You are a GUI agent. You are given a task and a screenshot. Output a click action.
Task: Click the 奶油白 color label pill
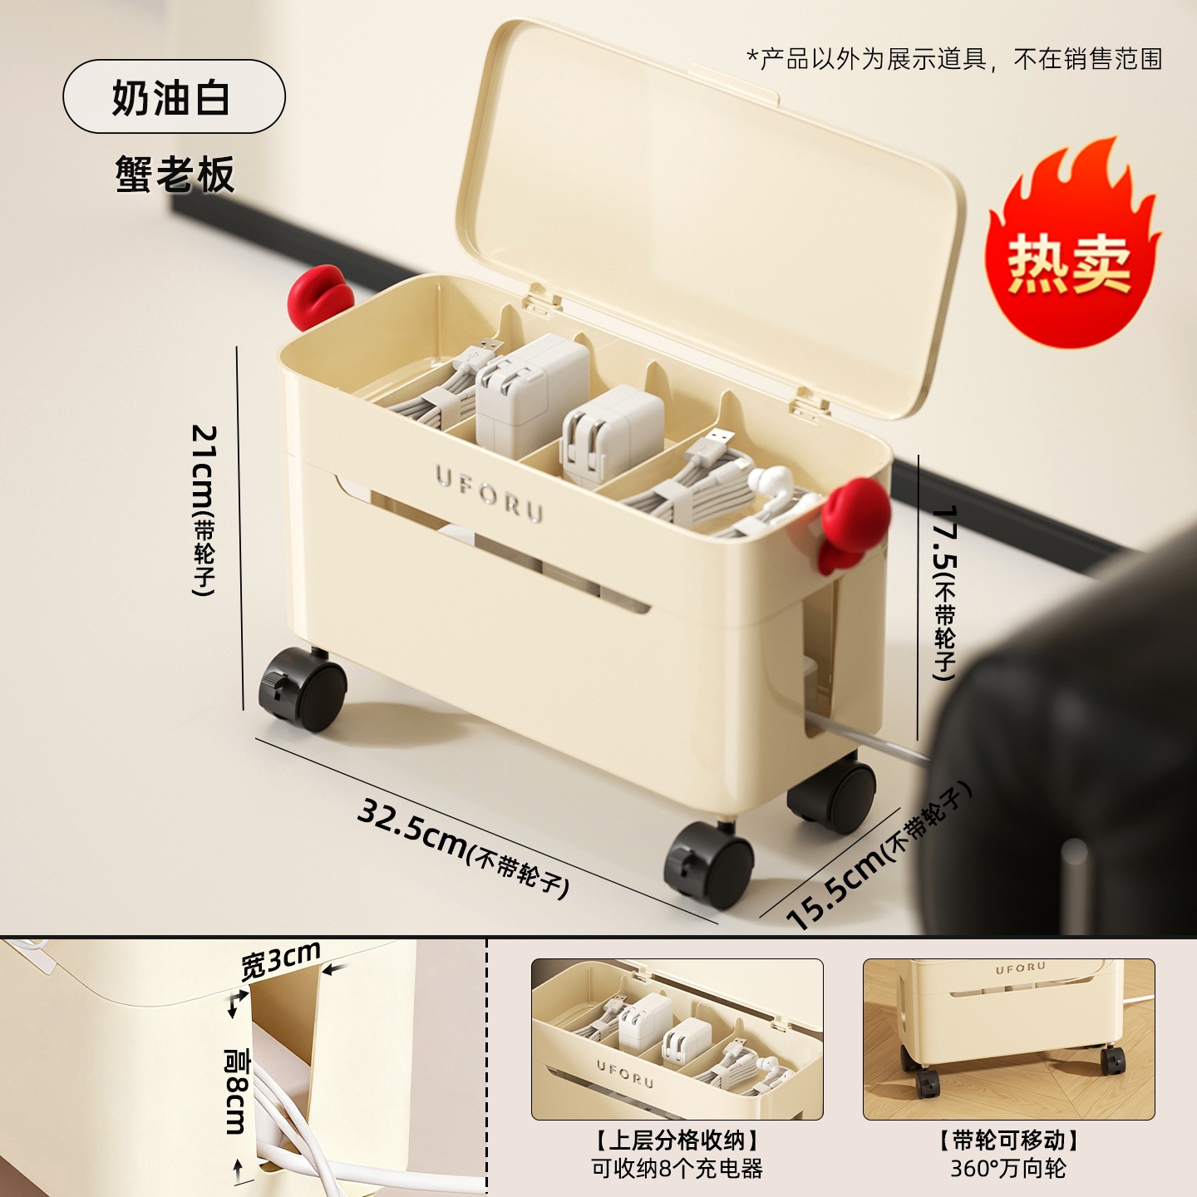pyautogui.click(x=174, y=96)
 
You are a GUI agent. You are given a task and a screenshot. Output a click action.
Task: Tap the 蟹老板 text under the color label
pyautogui.click(x=175, y=174)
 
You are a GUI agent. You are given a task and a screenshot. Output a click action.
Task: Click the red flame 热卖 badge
pyautogui.click(x=1071, y=249)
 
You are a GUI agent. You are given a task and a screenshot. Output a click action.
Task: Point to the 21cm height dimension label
pyautogui.click(x=204, y=509)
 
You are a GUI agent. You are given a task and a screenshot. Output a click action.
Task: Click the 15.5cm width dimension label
pyautogui.click(x=877, y=856)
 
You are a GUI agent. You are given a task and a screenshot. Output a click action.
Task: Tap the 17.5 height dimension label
pyautogui.click(x=944, y=590)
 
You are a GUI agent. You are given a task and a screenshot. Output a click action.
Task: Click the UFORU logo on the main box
pyautogui.click(x=490, y=492)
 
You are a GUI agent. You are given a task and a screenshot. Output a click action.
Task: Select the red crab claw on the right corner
pyautogui.click(x=853, y=520)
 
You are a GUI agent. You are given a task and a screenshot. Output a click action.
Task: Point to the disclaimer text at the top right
pyautogui.click(x=954, y=59)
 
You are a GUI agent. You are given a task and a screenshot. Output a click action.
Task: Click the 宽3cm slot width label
pyautogui.click(x=280, y=960)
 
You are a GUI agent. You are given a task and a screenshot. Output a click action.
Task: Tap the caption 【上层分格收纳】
pyautogui.click(x=677, y=1140)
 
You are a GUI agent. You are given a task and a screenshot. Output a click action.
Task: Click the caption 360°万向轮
pyautogui.click(x=1007, y=1168)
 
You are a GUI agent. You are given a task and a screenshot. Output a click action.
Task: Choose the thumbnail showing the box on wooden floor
pyautogui.click(x=1008, y=1038)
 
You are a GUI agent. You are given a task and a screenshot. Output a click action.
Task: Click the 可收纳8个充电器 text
pyautogui.click(x=677, y=1168)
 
